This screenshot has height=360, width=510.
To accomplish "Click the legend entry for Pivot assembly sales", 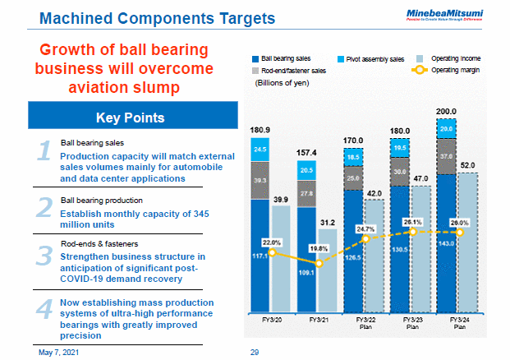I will pos(374,59).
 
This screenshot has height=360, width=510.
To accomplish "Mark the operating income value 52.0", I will pos(467,165).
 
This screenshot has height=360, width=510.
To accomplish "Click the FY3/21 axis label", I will pos(317,319).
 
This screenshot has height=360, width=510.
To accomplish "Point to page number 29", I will pos(255,352).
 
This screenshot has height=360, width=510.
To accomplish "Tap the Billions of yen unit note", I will pos(283,82).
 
